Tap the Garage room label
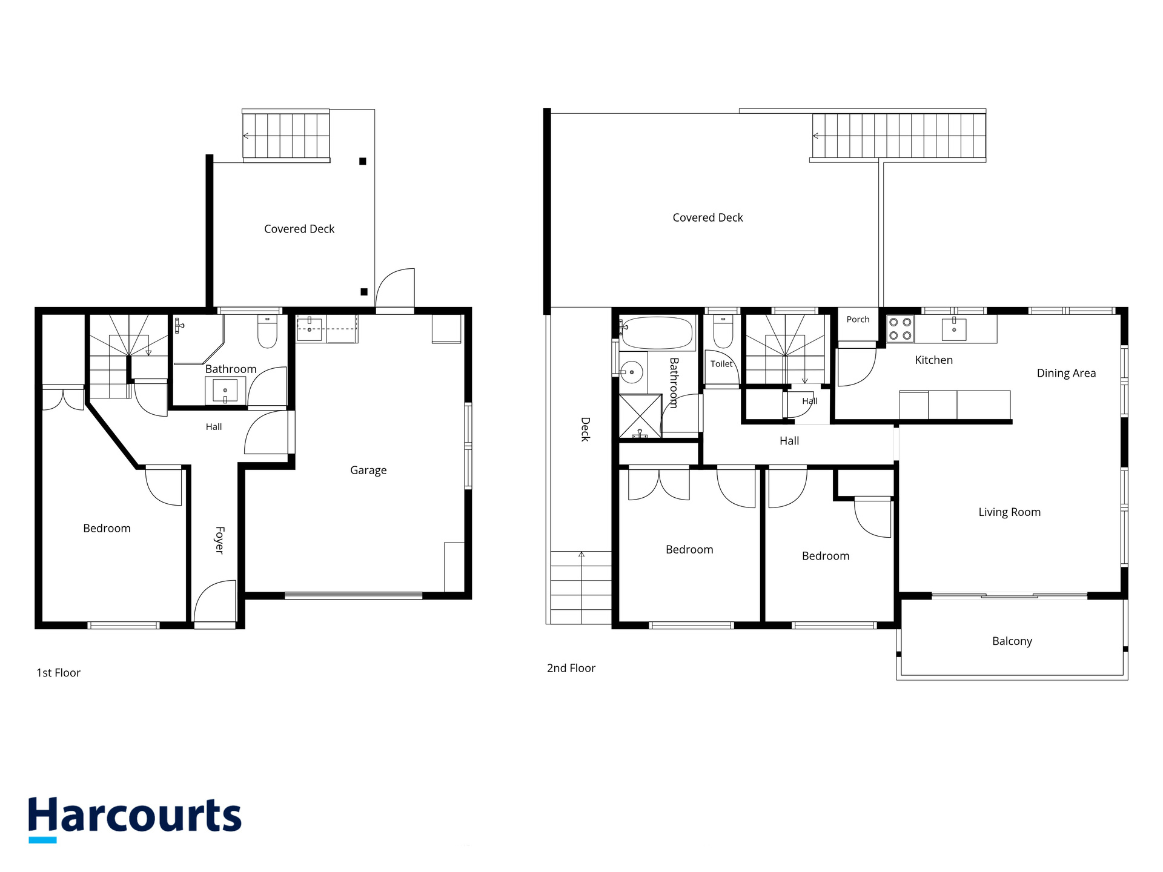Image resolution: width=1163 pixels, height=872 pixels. click(368, 471)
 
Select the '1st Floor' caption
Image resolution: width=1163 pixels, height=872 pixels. click(58, 673)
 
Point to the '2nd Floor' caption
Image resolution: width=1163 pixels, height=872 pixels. click(571, 668)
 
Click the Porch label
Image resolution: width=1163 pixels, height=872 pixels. click(858, 319)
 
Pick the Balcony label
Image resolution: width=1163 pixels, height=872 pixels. click(1012, 641)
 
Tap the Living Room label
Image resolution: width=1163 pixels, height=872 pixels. click(1010, 512)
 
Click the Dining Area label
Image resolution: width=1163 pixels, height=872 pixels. click(1066, 373)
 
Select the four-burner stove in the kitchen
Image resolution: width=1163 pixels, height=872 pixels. click(900, 329)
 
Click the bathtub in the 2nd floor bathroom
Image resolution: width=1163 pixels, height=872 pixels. click(657, 333)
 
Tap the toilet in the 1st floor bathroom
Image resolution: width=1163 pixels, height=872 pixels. click(267, 331)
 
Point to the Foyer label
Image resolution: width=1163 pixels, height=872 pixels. click(219, 540)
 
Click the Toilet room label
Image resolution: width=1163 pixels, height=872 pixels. click(721, 364)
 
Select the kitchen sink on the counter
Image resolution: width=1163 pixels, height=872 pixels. click(954, 329)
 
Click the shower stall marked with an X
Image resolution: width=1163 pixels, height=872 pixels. click(640, 416)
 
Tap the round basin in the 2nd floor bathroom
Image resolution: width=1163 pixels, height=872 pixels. click(632, 372)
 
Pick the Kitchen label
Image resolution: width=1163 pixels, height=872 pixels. click(933, 360)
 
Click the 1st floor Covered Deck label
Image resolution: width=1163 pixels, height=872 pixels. click(299, 229)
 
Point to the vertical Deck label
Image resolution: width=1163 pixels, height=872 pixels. click(585, 429)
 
